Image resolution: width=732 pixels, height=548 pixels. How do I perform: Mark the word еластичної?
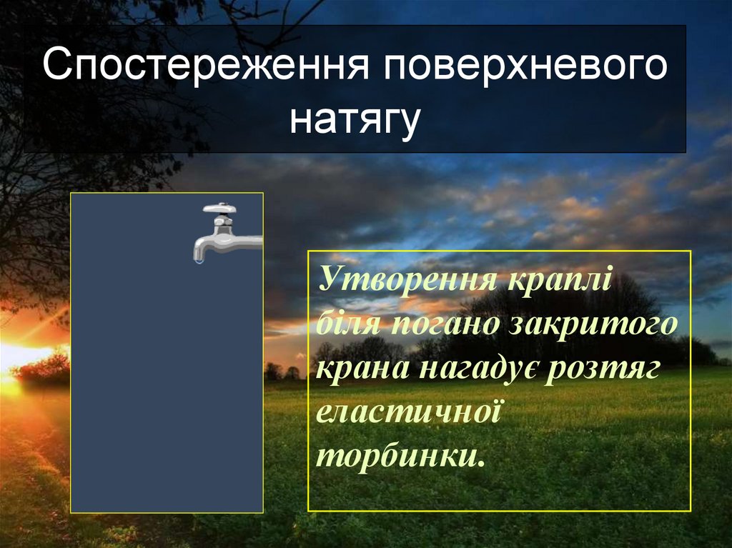click(x=405, y=413)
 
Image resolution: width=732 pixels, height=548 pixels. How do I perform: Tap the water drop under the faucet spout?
click(x=199, y=261)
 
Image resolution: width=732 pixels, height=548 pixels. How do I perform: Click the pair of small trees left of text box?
click(x=282, y=372)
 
